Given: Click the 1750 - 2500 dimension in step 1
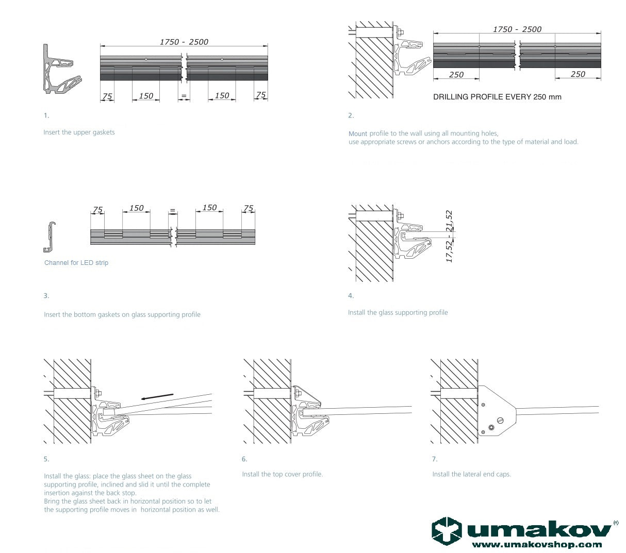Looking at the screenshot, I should (184, 42).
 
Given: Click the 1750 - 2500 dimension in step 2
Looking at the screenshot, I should (517, 29).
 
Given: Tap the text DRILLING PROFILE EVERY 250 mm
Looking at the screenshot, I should (497, 97).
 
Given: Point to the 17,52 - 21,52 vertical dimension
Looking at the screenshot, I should (449, 237).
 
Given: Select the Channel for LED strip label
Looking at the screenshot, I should (76, 263).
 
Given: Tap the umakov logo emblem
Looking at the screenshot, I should (447, 531).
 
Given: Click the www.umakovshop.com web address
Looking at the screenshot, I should (536, 544).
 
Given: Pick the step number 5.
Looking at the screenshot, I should (46, 459).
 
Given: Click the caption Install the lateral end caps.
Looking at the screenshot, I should (471, 474).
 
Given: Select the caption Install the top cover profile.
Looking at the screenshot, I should (283, 474).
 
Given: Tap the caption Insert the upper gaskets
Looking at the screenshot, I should (79, 132).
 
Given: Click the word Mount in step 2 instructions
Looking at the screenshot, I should (358, 133).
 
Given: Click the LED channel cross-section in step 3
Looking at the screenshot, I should (50, 238).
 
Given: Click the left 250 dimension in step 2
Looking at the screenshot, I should (456, 75).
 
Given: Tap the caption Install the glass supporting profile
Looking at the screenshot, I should (398, 313).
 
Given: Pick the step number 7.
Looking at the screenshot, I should (435, 459).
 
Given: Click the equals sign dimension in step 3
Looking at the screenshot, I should (172, 211).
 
